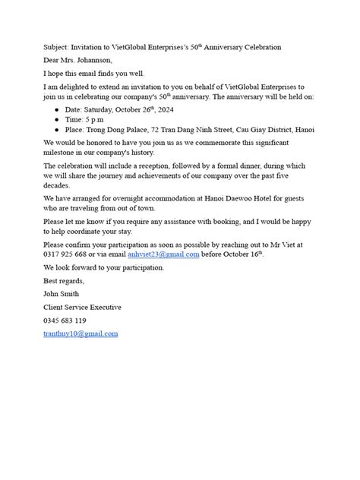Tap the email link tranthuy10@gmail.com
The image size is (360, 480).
coord(81,333)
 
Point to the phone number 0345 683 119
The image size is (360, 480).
coord(65,321)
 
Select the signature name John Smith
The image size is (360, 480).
coord(62,294)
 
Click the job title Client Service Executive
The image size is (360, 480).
coord(82,307)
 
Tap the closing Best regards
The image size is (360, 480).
coord(64,280)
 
